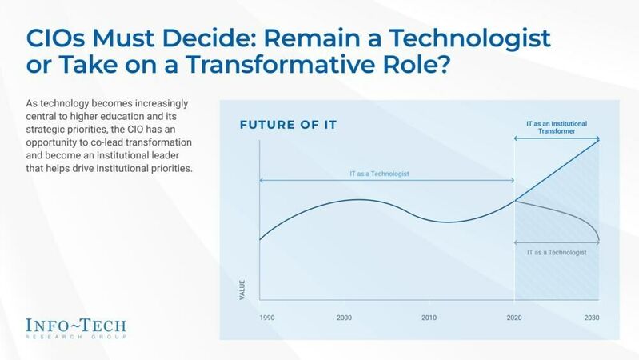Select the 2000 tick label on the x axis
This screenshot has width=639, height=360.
coord(344,318)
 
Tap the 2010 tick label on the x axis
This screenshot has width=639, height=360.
coord(429,318)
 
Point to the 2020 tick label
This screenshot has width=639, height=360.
coord(513,318)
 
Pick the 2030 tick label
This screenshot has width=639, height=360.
coord(590,318)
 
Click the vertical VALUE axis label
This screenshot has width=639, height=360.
coord(242,290)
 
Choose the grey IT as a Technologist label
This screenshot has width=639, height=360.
coord(557,252)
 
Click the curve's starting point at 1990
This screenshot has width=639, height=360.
coord(259,238)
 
